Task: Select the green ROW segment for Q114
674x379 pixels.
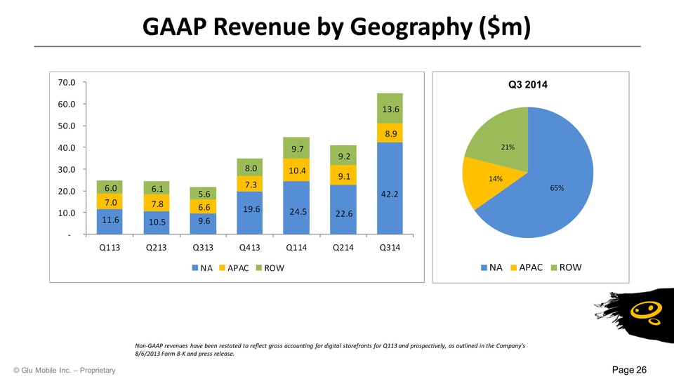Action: [x=297, y=148]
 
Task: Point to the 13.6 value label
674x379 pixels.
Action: [x=390, y=109]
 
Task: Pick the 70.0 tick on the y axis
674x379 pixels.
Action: [x=68, y=82]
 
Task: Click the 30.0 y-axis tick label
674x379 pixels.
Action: [x=68, y=169]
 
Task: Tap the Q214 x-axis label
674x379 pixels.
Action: [x=343, y=248]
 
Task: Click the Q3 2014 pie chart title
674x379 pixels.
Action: [x=527, y=85]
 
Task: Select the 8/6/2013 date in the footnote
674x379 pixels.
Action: [x=151, y=354]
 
